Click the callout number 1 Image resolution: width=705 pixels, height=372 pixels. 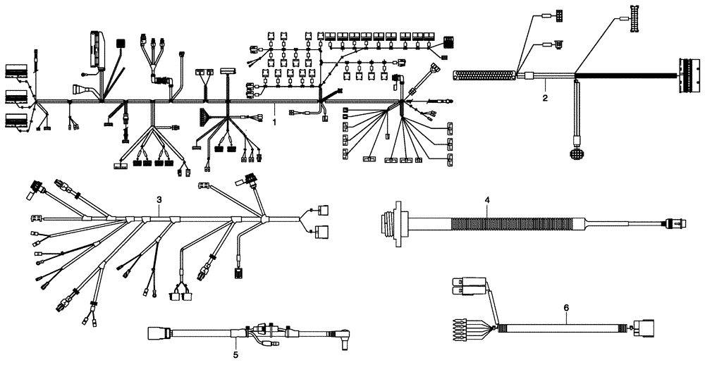pos(274,121)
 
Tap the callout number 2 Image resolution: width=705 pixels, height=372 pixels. pos(545,98)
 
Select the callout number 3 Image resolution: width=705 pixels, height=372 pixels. pos(159,200)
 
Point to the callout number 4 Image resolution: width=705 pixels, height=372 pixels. pos(486,200)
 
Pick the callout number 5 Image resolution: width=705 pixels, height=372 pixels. pos(235,354)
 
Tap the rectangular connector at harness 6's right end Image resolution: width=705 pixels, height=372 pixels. pos(646,328)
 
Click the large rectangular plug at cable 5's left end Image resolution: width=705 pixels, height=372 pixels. pos(155,333)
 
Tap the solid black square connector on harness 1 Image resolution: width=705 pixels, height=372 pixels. pos(121,44)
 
